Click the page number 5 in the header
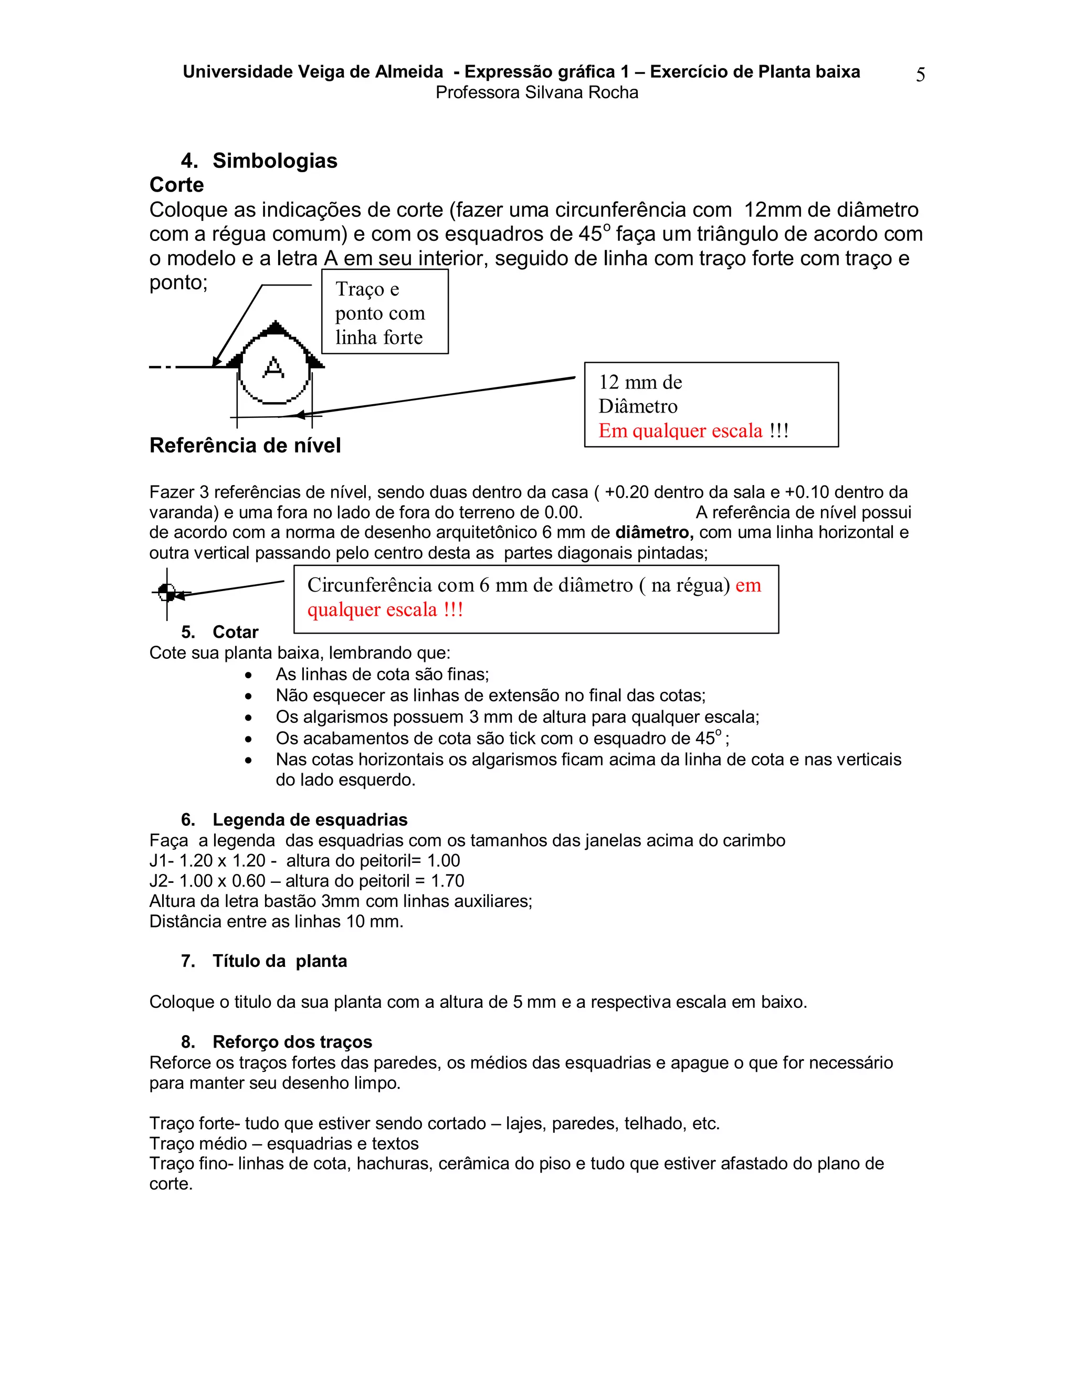coord(920,75)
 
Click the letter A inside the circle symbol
coord(274,367)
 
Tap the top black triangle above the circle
coord(275,328)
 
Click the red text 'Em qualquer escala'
coord(680,431)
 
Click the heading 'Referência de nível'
coord(245,445)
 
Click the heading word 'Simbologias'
coord(275,161)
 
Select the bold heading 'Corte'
coord(176,185)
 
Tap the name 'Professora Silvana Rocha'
coord(537,93)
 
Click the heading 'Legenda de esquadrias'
coord(310,820)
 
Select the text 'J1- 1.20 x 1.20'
coord(207,861)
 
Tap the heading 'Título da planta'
coord(280,961)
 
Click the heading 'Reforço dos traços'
coord(292,1042)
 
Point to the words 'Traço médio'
coord(198,1144)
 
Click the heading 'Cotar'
coord(235,633)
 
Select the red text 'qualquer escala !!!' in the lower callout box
coord(385,610)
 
